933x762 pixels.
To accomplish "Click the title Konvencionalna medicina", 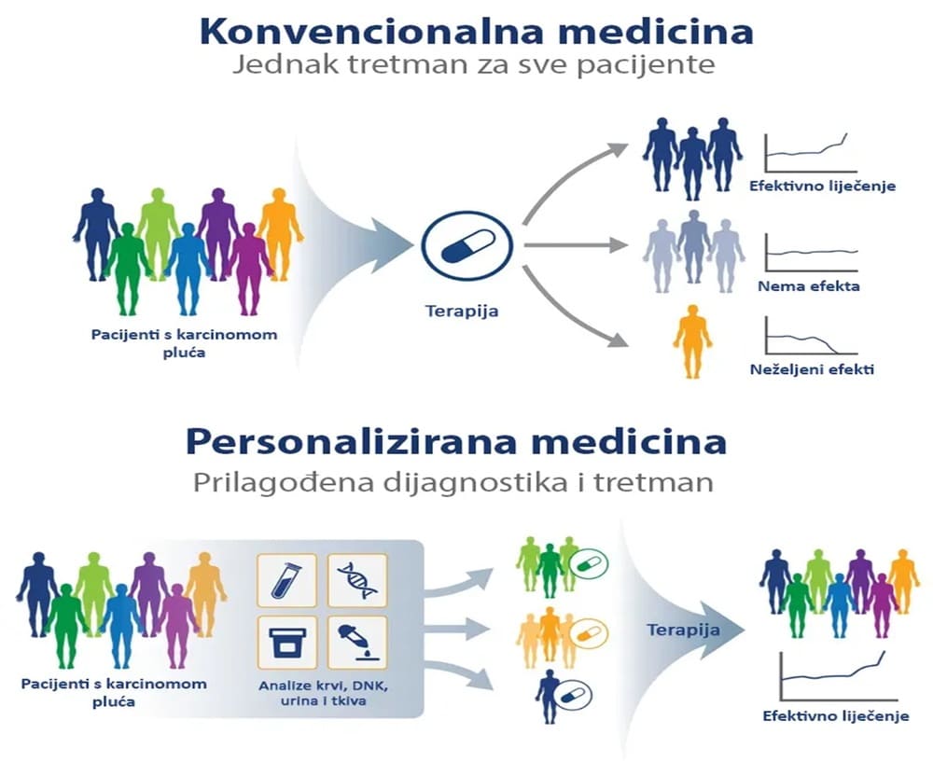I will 476,30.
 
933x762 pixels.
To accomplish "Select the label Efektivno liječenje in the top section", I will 822,186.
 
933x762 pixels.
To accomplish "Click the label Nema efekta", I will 808,286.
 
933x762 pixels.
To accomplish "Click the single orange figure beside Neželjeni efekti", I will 692,339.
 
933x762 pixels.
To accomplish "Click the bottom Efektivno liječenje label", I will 835,716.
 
